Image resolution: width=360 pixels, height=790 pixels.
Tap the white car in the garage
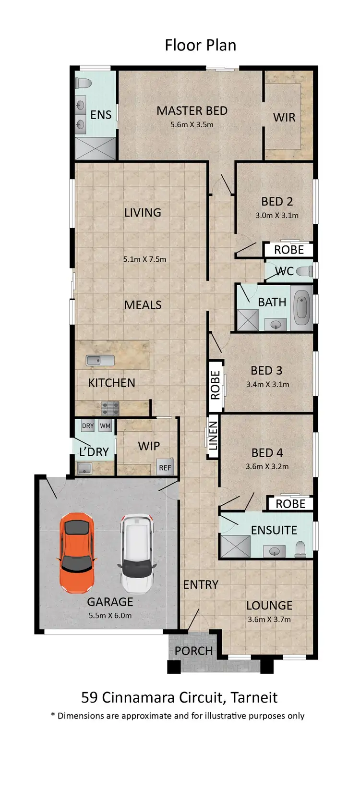[137, 553]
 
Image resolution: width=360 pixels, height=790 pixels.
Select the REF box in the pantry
[165, 467]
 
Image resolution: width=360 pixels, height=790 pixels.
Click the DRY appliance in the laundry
[88, 426]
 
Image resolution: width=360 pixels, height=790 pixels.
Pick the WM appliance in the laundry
[105, 426]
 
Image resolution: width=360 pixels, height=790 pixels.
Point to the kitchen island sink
[100, 360]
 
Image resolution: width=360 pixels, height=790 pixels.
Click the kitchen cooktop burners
[110, 409]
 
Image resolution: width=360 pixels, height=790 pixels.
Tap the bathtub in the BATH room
[301, 307]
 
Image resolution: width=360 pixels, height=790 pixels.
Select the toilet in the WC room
[303, 272]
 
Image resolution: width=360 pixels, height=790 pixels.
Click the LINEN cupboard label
[213, 436]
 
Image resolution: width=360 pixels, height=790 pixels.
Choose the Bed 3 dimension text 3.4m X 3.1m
[267, 384]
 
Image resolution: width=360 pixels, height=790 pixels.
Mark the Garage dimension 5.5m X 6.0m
[110, 615]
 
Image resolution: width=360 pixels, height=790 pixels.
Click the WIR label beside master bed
[284, 118]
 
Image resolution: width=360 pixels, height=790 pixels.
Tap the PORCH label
[193, 651]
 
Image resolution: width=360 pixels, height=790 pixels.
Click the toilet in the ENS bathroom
[84, 83]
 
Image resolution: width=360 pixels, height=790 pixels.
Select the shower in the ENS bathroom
[96, 149]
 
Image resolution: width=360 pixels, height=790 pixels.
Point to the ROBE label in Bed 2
[289, 250]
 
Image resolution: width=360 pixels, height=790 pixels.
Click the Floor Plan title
[200, 45]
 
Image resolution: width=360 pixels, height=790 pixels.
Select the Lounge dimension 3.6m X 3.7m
[269, 620]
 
